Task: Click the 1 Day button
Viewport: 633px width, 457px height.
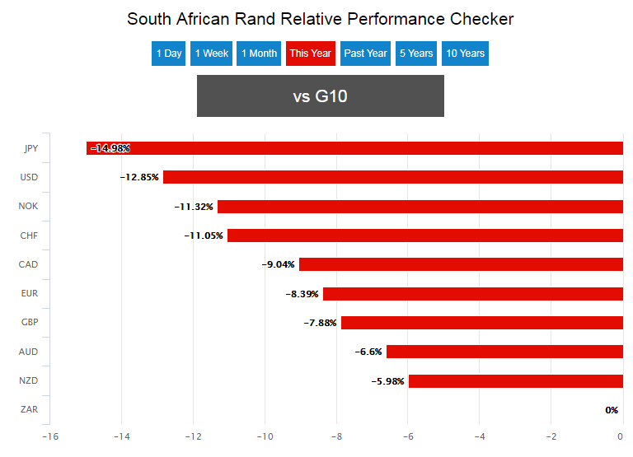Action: [x=168, y=54]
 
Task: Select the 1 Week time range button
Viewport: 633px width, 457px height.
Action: [x=211, y=54]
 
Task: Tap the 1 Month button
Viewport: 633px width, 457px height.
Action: [x=259, y=54]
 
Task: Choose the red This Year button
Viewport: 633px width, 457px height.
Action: [x=310, y=54]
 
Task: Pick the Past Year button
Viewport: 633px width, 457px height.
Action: [x=365, y=54]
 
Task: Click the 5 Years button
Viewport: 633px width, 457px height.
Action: [x=416, y=54]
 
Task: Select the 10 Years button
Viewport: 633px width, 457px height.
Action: [x=465, y=54]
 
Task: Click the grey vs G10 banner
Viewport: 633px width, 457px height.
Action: [x=320, y=96]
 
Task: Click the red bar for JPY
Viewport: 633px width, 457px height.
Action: [x=354, y=148]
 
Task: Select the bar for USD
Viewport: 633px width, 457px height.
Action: [x=392, y=177]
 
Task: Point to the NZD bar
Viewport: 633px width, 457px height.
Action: [x=515, y=381]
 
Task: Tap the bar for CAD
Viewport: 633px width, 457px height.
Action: [x=461, y=264]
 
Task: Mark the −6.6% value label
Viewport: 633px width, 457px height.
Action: [x=368, y=352]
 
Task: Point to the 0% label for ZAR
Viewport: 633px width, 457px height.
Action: [x=612, y=410]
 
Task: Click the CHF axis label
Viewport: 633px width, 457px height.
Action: [x=29, y=235]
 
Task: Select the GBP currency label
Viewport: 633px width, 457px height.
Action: [x=29, y=323]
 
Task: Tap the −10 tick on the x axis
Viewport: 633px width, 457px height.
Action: [x=265, y=436]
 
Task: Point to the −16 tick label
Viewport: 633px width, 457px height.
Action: [x=49, y=436]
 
